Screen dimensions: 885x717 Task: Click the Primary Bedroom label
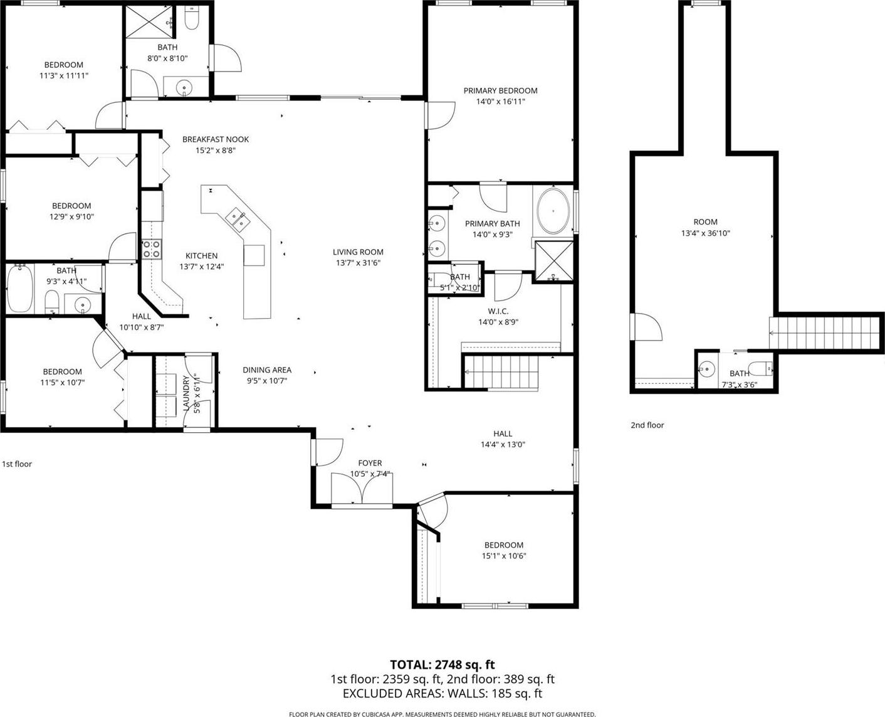click(x=500, y=91)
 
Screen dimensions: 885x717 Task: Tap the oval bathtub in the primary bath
click(x=553, y=211)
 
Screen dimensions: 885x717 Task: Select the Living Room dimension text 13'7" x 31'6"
click(x=358, y=263)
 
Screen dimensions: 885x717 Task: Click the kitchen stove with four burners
click(x=152, y=250)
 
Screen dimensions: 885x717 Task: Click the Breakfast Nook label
click(x=216, y=139)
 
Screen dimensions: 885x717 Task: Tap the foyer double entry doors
click(x=362, y=489)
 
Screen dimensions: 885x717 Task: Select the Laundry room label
click(x=187, y=394)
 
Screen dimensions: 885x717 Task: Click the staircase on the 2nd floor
click(x=825, y=333)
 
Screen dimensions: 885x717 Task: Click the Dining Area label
click(x=267, y=369)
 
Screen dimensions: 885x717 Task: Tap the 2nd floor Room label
click(x=706, y=221)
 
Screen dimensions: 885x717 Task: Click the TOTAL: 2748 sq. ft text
click(x=442, y=664)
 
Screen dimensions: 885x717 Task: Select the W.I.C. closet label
click(x=498, y=311)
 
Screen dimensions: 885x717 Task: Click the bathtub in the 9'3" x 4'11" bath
click(x=19, y=288)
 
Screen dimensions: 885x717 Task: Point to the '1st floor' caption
click(x=17, y=464)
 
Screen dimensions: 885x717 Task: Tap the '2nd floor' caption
click(x=647, y=425)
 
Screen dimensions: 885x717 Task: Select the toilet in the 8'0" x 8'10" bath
click(x=192, y=18)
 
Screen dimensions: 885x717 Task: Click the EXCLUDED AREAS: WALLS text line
click(x=442, y=693)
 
